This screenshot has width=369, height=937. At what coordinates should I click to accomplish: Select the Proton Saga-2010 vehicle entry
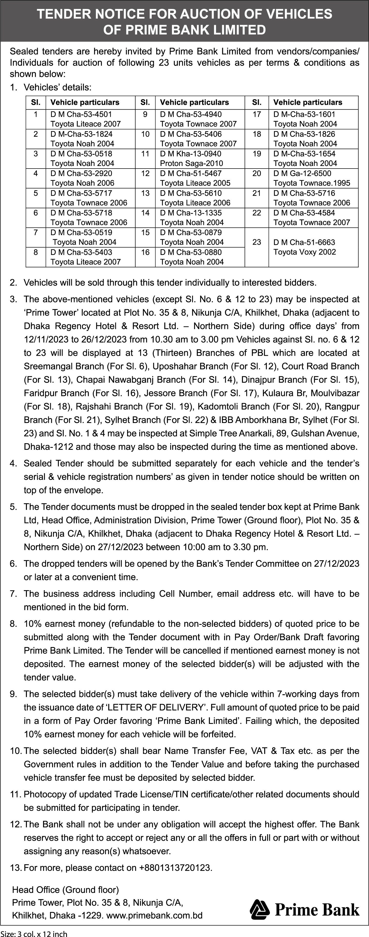(191, 163)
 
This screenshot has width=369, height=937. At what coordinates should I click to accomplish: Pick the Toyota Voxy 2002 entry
(305, 252)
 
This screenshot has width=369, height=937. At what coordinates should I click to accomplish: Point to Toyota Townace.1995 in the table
(312, 183)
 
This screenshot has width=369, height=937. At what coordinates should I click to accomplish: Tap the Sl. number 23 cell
(257, 242)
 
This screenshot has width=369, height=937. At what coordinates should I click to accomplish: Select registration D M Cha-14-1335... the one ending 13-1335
(191, 213)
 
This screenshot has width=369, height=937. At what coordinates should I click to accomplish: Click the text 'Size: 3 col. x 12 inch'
(34, 933)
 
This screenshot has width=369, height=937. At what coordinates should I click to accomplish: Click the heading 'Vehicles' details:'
(57, 87)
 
